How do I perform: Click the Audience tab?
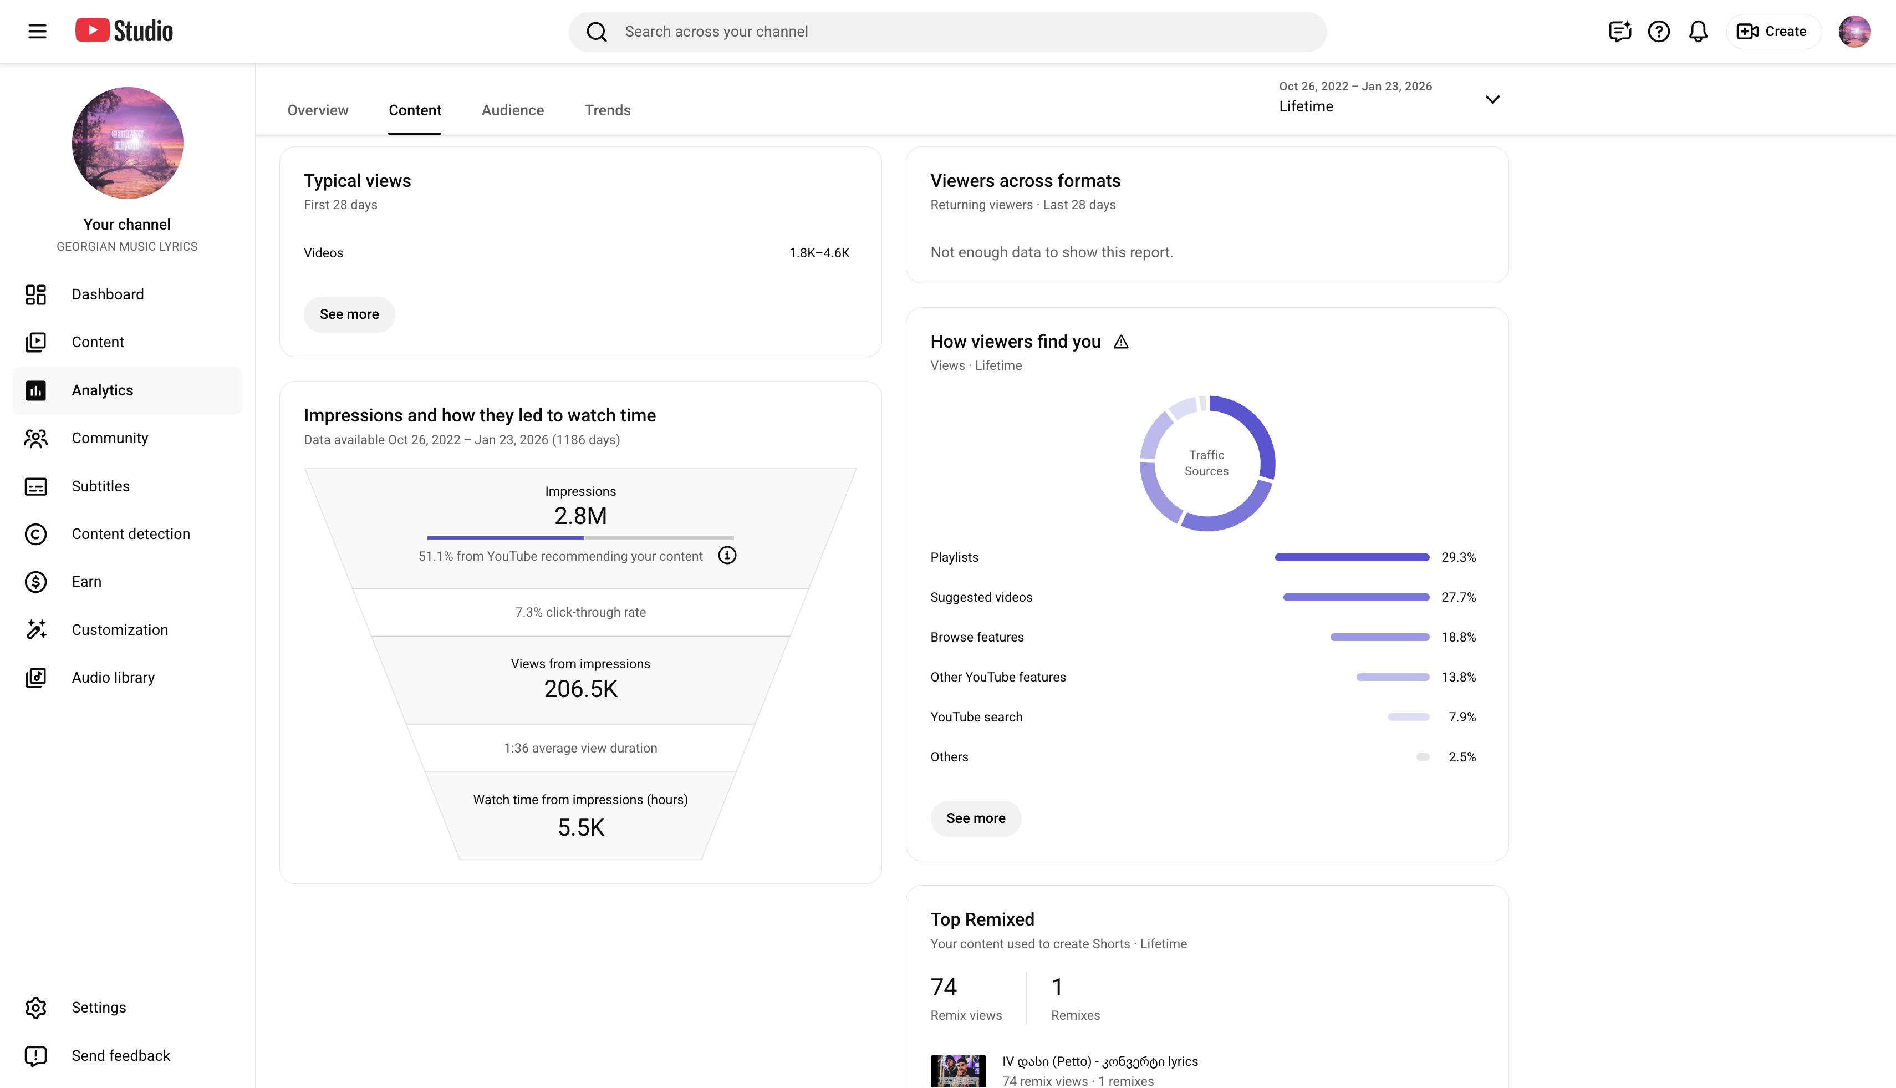(x=512, y=110)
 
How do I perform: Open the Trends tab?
(x=608, y=110)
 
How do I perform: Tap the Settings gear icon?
(x=36, y=1007)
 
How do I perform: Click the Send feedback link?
(x=121, y=1055)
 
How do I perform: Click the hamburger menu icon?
(x=37, y=32)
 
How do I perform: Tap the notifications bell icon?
(x=1698, y=32)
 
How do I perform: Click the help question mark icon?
(x=1658, y=32)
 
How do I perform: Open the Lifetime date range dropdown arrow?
(x=1492, y=99)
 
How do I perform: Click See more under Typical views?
(x=349, y=314)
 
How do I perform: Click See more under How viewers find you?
(x=976, y=818)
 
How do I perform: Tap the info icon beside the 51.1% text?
(x=727, y=555)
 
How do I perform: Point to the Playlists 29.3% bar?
(x=1352, y=557)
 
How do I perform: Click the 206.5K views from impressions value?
(x=580, y=689)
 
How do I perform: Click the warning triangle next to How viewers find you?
(x=1120, y=342)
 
